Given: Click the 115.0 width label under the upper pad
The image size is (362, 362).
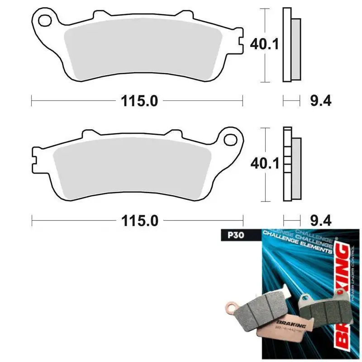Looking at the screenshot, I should coord(139,101).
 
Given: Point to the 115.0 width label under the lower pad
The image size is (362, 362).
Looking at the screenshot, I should coord(139,220).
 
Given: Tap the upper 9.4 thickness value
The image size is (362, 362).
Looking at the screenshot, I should coord(321,101).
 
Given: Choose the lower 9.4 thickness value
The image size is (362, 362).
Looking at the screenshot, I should coord(321,220).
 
